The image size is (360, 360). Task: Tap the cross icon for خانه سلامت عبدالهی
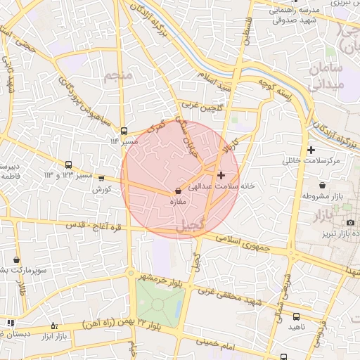coord(221,175)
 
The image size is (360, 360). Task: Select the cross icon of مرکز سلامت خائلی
coord(311,150)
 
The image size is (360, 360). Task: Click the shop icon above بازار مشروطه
coord(321,186)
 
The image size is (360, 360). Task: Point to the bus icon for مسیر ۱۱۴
coord(124,131)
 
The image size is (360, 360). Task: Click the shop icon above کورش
coord(101,179)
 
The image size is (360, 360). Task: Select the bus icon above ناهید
coord(296,316)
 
